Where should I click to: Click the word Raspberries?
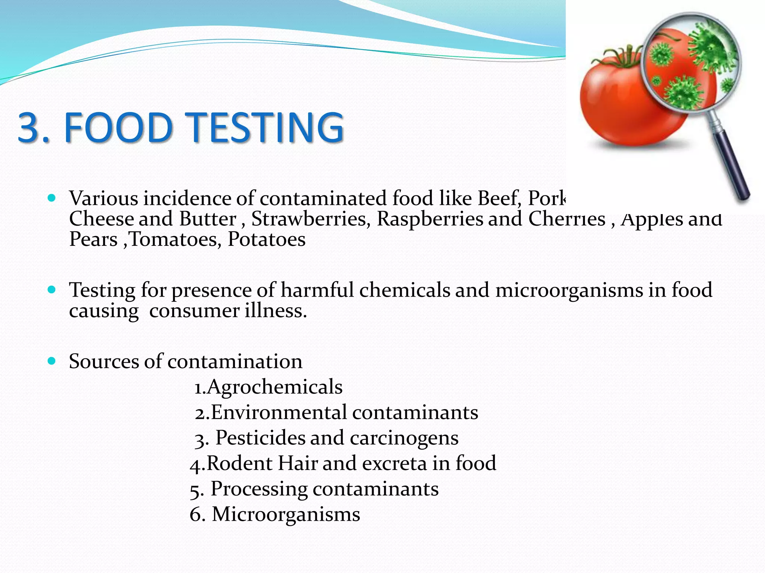pos(430,219)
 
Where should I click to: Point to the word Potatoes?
pos(266,239)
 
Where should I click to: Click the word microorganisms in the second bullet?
pos(569,290)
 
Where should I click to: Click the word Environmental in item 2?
pos(279,413)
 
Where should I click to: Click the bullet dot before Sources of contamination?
pos(52,361)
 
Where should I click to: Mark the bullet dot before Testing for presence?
pos(52,289)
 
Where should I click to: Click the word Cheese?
pos(101,219)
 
